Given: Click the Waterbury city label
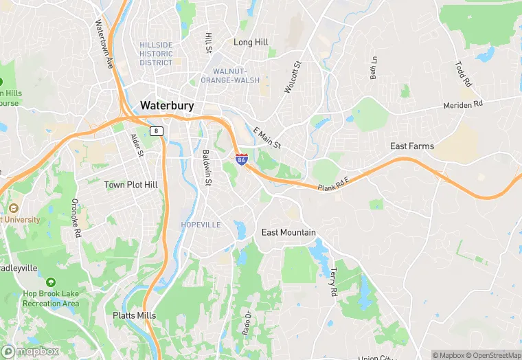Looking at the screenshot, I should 167,106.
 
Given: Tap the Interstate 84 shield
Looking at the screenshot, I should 241,159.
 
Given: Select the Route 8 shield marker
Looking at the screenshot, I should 157,131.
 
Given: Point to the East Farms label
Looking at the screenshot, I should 412,146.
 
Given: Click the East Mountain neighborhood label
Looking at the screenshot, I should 288,232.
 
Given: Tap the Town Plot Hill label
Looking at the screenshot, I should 130,185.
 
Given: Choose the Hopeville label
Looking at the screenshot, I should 201,225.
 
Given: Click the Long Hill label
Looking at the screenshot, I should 251,43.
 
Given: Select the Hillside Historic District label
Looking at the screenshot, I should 156,54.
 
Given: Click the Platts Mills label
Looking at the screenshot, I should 135,315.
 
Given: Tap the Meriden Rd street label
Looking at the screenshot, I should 464,105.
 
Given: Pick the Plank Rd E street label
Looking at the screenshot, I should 334,184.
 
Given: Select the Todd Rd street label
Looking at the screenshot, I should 464,74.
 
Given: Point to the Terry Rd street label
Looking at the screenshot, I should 334,282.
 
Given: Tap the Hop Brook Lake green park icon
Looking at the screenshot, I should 50,282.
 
